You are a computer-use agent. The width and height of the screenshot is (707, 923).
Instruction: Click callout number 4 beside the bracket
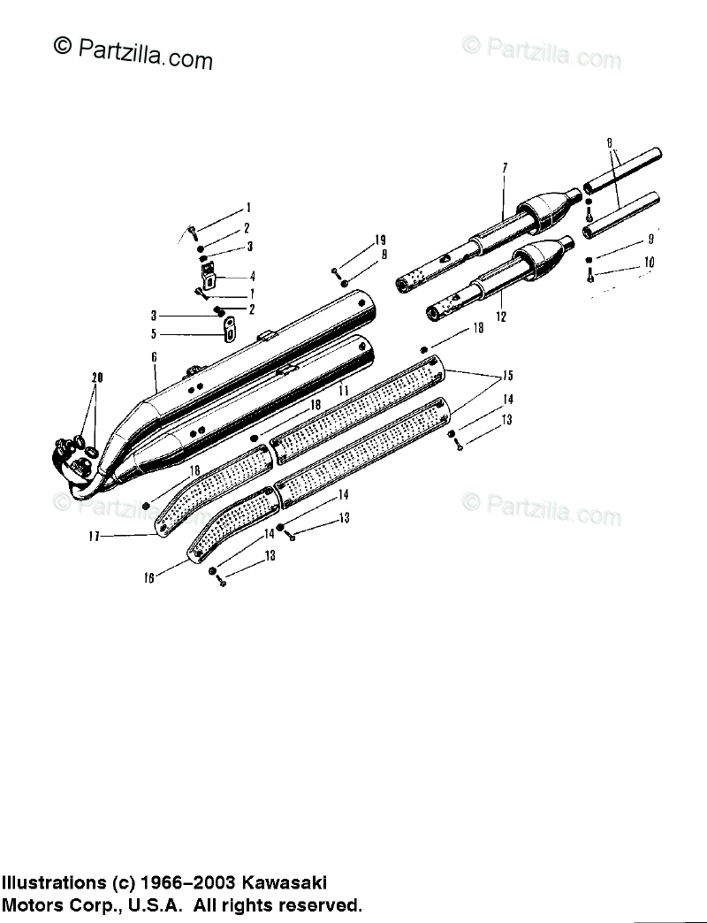pos(252,276)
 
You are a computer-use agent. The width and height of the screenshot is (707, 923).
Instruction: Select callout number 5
pos(153,334)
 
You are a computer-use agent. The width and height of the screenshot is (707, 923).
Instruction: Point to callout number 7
pos(505,168)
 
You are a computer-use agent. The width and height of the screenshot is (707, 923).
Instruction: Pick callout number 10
pos(650,262)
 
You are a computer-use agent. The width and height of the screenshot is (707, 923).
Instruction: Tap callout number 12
pos(501,316)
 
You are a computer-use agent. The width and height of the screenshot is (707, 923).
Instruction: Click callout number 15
pos(507,373)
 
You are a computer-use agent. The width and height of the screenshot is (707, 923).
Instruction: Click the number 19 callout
pos(380,240)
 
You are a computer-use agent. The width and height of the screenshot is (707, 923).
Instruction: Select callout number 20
pos(97,378)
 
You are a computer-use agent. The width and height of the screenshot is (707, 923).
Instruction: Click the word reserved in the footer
pos(315,905)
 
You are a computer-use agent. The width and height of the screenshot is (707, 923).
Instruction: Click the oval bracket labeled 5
pos(228,328)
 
